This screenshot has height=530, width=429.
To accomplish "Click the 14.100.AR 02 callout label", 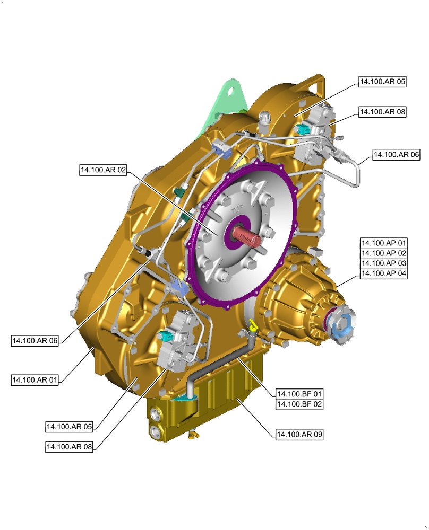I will pyautogui.click(x=104, y=170).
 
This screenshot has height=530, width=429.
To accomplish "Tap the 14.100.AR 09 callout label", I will pyautogui.click(x=299, y=434).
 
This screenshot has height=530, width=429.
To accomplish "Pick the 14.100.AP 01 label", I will pyautogui.click(x=384, y=243).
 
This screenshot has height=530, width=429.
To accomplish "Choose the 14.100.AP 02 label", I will pyautogui.click(x=384, y=253).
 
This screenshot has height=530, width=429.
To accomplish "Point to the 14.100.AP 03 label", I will pyautogui.click(x=384, y=263).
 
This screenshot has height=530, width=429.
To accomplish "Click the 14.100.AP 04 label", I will pyautogui.click(x=384, y=273).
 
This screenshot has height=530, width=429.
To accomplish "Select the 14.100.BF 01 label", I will pyautogui.click(x=299, y=394).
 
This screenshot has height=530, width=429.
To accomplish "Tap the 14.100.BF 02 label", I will pyautogui.click(x=299, y=404).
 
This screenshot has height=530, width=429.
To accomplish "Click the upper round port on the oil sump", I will pyautogui.click(x=156, y=414).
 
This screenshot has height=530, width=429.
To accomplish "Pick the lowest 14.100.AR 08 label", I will pyautogui.click(x=70, y=447).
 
